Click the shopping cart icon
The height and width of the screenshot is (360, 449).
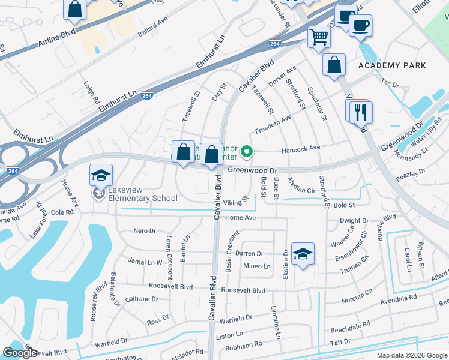(319, 37)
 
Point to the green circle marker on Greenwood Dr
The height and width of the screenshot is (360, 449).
(246, 151)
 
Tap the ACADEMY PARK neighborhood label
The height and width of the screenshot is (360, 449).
(392, 65)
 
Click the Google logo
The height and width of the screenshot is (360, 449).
(20, 353)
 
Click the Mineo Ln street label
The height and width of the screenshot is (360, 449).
(258, 266)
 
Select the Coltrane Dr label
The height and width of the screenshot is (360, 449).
(142, 299)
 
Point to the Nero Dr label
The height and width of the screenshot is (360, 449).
(145, 230)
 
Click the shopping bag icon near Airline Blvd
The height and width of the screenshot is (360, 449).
(75, 9)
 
